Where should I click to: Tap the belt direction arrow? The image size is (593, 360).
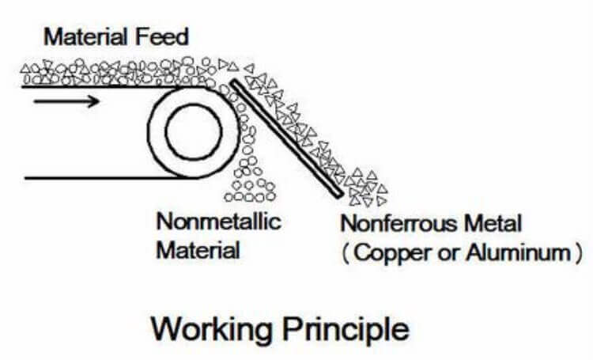coord(67,101)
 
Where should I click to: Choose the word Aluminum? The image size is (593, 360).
coord(519,253)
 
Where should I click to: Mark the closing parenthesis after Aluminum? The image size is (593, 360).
coord(580,253)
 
